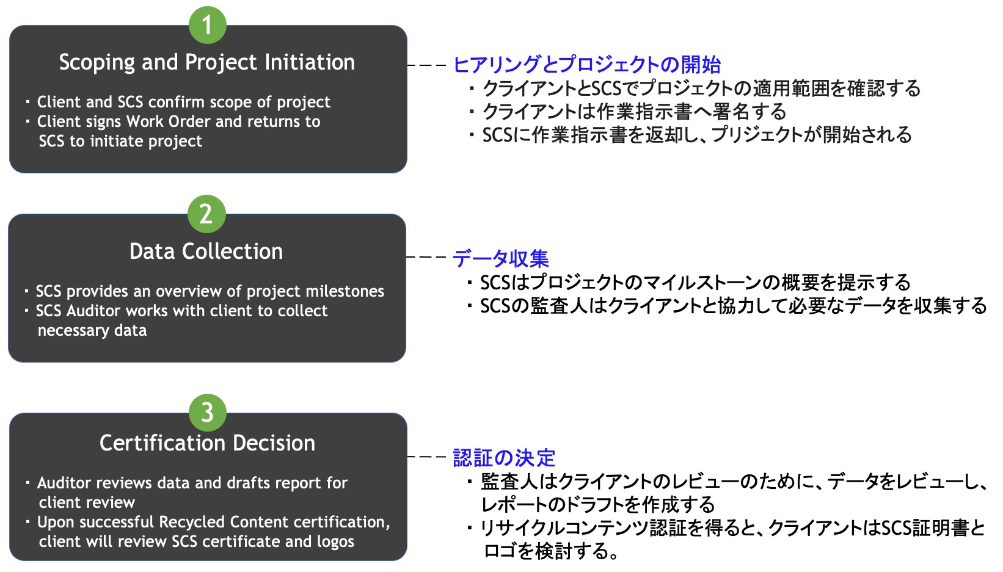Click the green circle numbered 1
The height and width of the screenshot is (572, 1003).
[x=207, y=25]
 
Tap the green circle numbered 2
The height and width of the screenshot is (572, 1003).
[x=206, y=214]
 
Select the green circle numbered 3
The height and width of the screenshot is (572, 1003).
[x=207, y=413]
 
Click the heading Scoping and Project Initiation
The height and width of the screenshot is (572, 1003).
[x=207, y=62]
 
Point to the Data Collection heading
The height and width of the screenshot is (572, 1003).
[x=206, y=251]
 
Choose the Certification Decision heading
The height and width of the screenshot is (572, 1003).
[x=207, y=443]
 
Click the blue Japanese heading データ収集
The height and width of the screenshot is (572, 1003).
[x=501, y=258]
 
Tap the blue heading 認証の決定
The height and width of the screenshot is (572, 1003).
[x=504, y=458]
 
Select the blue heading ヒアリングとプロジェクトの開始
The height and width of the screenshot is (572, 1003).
[x=587, y=65]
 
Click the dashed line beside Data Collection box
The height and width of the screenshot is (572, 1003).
[x=427, y=257]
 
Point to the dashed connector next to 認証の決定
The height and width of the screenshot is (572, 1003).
[x=427, y=457]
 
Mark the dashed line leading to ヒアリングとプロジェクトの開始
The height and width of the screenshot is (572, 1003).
[x=427, y=65]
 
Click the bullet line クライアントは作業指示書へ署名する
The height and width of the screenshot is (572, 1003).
[x=634, y=112]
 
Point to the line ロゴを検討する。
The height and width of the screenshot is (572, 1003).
[x=551, y=551]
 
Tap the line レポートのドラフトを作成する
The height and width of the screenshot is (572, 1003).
[x=598, y=505]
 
